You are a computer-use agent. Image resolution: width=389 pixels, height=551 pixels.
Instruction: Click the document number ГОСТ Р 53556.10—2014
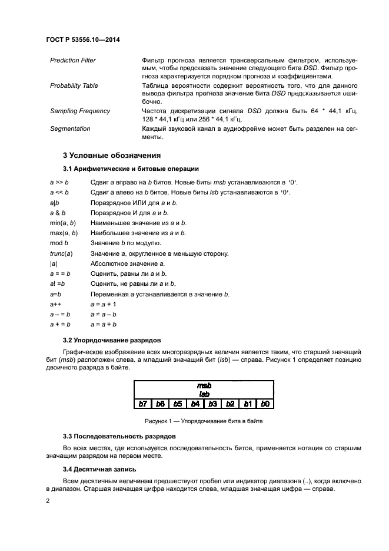(87, 40)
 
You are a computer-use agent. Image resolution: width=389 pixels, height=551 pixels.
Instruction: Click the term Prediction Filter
(73, 61)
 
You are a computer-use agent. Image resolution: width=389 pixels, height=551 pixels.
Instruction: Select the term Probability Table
(74, 86)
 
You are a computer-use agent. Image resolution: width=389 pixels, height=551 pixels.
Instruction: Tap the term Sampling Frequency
(80, 111)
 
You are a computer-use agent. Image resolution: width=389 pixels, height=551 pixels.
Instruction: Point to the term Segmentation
(71, 128)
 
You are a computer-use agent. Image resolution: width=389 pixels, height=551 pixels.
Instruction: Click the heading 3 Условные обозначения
(112, 156)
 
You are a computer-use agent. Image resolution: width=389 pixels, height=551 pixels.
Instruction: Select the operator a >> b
(59, 183)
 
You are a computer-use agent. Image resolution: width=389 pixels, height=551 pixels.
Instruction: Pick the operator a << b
(59, 192)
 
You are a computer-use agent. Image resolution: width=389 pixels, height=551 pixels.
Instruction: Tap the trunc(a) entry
(61, 253)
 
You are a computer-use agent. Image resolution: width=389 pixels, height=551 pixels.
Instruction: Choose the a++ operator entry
(56, 304)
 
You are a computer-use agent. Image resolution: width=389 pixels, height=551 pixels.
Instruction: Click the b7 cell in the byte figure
(142, 404)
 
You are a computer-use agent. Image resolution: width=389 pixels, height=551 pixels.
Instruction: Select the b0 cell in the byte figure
(265, 404)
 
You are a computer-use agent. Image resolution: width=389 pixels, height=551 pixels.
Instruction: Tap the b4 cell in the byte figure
(195, 404)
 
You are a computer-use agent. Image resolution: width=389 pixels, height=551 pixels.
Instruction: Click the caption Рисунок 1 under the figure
(204, 421)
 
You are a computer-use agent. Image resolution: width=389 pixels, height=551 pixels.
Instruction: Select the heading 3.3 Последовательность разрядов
(119, 437)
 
